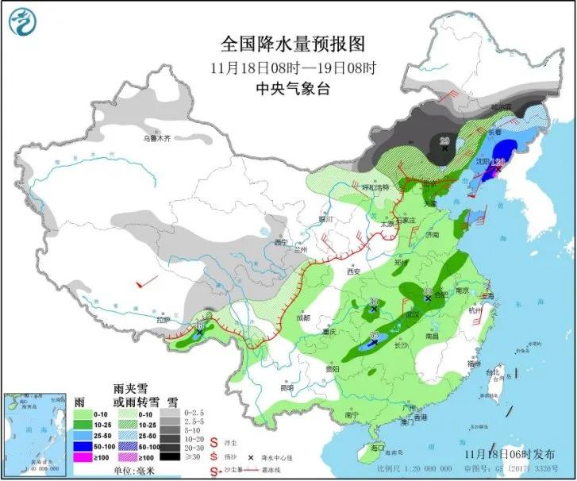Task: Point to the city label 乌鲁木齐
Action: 156,137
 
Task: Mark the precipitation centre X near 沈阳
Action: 496,167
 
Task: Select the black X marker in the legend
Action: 251,459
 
